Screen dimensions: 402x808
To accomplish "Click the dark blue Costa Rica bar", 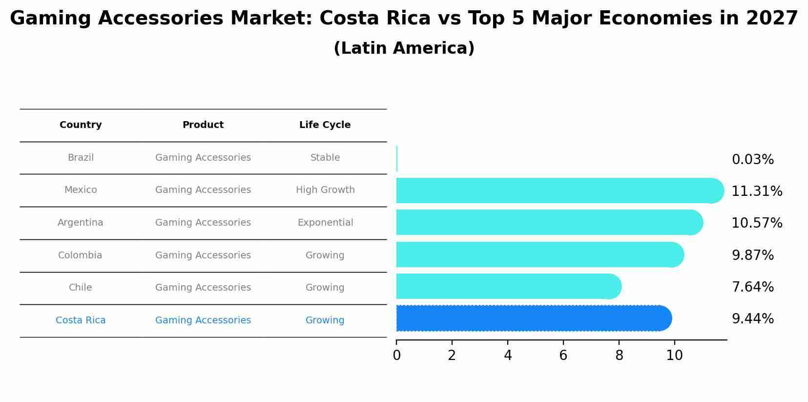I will point(532,318).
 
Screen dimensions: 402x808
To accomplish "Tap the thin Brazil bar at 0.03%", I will point(397,159).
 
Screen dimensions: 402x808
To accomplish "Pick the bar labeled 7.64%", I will point(505,286).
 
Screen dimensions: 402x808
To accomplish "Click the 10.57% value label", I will point(756,223).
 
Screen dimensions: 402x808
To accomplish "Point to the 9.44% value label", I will point(752,319).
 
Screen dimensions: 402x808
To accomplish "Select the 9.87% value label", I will point(752,255).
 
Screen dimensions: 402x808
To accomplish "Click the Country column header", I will point(81,125).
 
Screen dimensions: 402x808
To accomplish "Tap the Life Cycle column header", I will point(325,125).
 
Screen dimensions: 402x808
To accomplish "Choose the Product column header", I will point(203,125).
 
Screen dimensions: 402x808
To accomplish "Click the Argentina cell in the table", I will point(80,223).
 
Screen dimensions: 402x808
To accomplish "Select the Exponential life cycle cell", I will point(325,223).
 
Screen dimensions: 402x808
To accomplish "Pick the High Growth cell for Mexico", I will point(325,190).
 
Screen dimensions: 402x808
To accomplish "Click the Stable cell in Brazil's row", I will point(325,158).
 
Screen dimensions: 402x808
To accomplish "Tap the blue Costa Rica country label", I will point(81,320).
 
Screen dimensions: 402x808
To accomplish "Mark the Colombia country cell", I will point(80,255).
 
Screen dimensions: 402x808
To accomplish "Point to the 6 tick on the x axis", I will point(563,356).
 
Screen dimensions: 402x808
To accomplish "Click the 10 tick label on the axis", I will point(674,356).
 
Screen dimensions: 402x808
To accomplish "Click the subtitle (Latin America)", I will point(404,48).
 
